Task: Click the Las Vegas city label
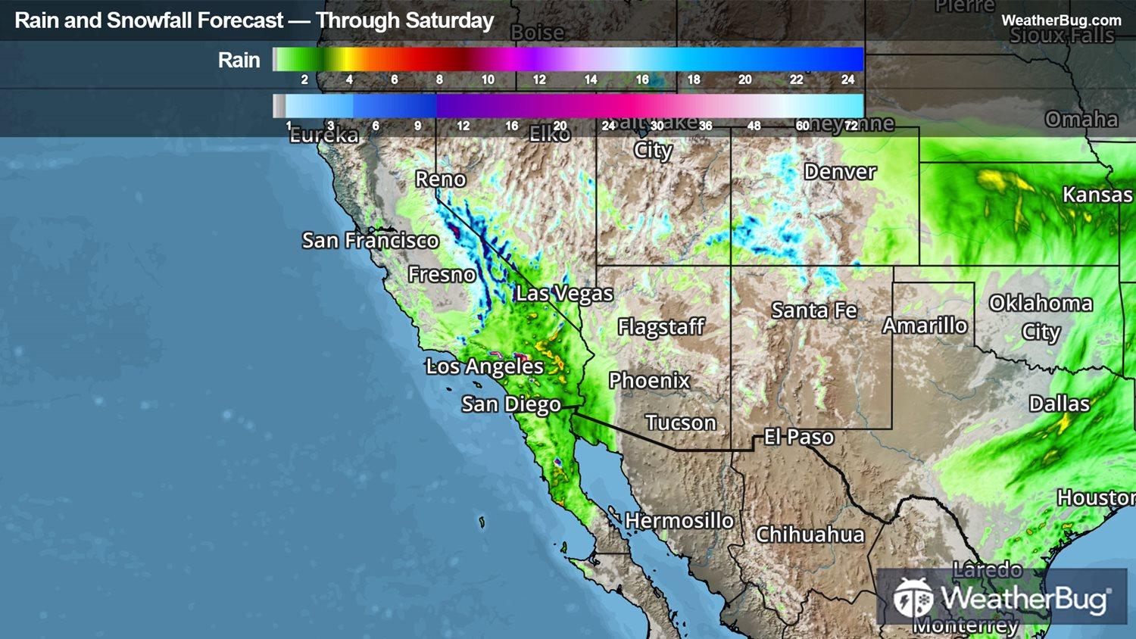[564, 294]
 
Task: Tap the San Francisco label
[370, 241]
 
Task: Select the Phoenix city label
[649, 380]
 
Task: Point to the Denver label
[840, 172]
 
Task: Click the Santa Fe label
[814, 310]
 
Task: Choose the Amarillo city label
[925, 326]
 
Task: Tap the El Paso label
[798, 437]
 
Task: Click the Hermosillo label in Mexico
[679, 521]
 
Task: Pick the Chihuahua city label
[810, 535]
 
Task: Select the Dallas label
[1059, 404]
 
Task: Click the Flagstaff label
[660, 327]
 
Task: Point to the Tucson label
[680, 422]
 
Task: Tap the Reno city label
[440, 179]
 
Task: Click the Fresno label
[442, 274]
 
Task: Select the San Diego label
[511, 404]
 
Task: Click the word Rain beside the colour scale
[239, 61]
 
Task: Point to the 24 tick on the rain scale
[847, 79]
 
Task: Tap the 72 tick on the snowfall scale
[851, 126]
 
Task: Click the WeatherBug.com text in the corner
[1061, 20]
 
